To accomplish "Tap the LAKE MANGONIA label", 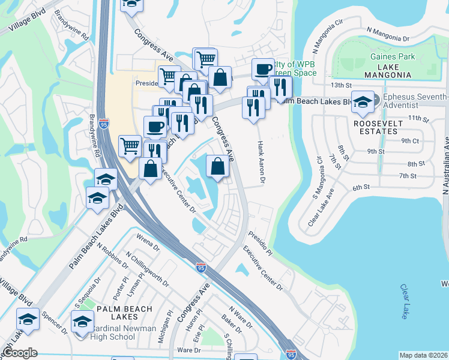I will [x=388, y=75].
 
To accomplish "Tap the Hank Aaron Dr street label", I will [x=261, y=161].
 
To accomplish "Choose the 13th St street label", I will [x=339, y=86].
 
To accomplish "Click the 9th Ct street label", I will [x=410, y=140].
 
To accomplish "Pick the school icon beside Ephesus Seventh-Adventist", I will [x=363, y=101].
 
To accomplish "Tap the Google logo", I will [x=20, y=353].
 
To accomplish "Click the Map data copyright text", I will [x=423, y=355].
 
